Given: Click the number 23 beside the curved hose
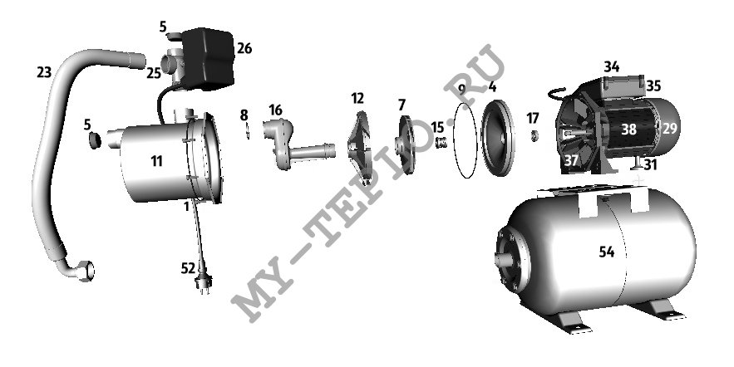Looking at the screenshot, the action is tap(44, 72).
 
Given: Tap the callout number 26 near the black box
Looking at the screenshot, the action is tap(244, 48).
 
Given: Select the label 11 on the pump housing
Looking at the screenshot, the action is tap(156, 161).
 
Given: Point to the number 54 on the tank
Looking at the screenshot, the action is tap(607, 252).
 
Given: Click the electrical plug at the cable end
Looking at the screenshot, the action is tap(204, 283).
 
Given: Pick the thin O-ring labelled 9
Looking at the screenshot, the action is tap(466, 140).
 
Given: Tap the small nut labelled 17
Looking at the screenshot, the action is tap(533, 136).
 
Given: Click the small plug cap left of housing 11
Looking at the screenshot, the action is tap(95, 139).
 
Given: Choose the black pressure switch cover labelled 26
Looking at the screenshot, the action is tap(207, 58).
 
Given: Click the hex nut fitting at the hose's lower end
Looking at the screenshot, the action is tap(86, 271).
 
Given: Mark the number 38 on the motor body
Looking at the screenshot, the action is tap(628, 129).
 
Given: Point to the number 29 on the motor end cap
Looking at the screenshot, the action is tap(670, 128).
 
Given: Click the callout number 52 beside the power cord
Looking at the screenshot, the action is tap(188, 268).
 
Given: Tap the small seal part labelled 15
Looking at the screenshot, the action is tap(441, 142).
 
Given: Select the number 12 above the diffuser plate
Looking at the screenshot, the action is tap(357, 98).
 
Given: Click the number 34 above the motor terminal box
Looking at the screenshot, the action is tap(611, 67).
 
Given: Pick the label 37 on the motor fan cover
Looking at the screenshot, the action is tap(571, 160).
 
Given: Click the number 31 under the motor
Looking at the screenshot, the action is tap(651, 164).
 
